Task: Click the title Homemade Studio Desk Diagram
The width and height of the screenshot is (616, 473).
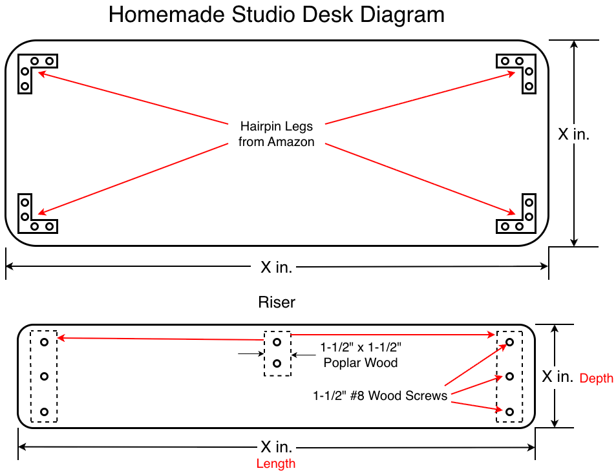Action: tap(276, 15)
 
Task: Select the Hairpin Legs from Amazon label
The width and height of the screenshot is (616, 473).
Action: tap(276, 134)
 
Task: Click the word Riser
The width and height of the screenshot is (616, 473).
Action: tap(277, 302)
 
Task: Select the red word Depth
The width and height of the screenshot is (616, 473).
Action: tap(596, 379)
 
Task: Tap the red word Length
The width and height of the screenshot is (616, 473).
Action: tap(276, 463)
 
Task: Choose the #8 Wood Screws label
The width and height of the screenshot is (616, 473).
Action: tap(380, 395)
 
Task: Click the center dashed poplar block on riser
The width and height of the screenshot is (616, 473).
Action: tap(277, 353)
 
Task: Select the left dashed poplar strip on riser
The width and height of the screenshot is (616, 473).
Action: tap(44, 377)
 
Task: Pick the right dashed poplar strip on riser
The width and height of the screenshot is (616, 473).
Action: tap(509, 377)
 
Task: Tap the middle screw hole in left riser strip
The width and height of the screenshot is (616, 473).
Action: tap(44, 376)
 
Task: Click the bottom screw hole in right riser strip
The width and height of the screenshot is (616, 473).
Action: tap(509, 412)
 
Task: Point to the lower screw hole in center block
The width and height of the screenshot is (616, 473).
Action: tap(277, 364)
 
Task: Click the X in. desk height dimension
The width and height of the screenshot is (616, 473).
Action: tap(573, 134)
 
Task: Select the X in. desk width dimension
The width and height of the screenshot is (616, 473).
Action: tap(276, 267)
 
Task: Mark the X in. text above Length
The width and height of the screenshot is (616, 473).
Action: tap(276, 447)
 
